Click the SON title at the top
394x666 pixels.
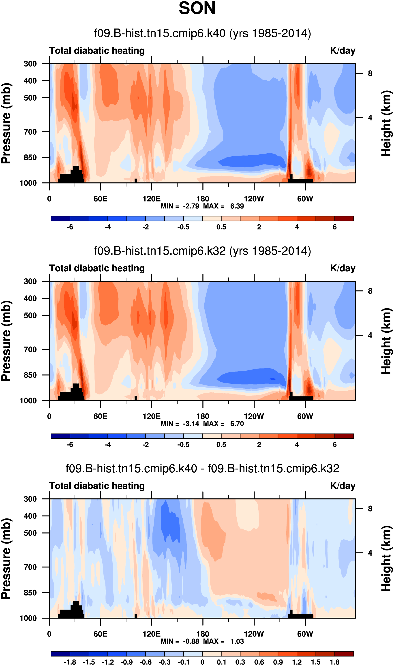click(x=197, y=9)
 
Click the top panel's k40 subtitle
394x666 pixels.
click(x=202, y=33)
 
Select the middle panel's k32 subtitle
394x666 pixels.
click(x=202, y=251)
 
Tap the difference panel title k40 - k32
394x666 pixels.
click(x=202, y=469)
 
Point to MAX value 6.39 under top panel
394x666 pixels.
click(x=237, y=206)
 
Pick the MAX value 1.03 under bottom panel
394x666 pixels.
click(x=237, y=641)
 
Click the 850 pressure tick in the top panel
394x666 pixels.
click(x=30, y=157)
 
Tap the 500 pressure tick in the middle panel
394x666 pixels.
click(x=30, y=315)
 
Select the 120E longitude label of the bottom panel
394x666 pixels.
click(x=152, y=634)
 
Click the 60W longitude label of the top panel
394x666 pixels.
click(x=305, y=199)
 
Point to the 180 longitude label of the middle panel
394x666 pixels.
click(x=203, y=416)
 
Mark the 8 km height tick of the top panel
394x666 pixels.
click(x=370, y=73)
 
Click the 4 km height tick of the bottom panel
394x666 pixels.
click(x=370, y=553)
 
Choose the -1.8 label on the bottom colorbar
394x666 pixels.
click(x=70, y=662)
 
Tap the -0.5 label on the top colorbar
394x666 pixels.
click(x=184, y=227)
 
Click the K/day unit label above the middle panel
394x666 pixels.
click(x=343, y=268)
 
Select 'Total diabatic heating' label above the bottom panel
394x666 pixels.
click(x=97, y=486)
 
